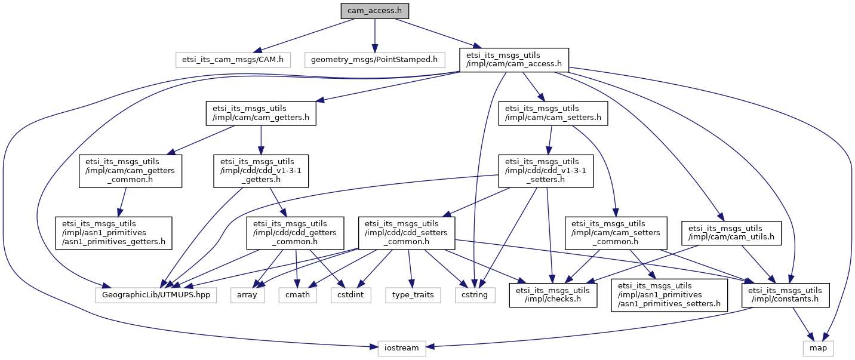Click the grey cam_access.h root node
(x=374, y=11)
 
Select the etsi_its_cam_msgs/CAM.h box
(x=233, y=59)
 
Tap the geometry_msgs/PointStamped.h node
(x=374, y=59)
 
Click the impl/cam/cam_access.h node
(x=513, y=60)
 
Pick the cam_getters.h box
(x=260, y=113)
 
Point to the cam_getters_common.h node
(x=131, y=171)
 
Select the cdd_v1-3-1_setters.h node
(x=546, y=171)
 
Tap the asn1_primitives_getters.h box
(x=114, y=233)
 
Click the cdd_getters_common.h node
(x=296, y=233)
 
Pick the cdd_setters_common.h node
(x=407, y=233)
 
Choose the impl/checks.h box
(x=553, y=294)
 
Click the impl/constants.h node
(x=785, y=294)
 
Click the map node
(x=818, y=347)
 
